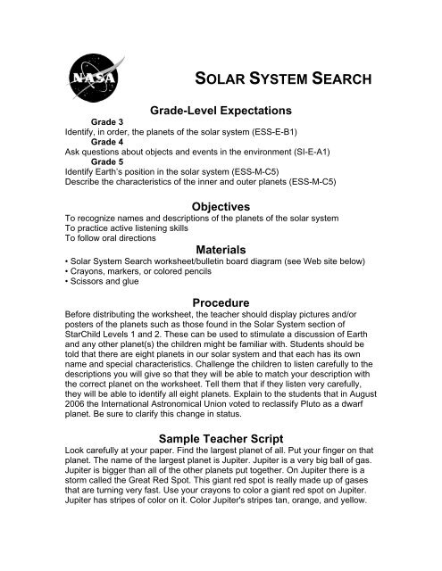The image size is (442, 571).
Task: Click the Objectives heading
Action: (x=219, y=205)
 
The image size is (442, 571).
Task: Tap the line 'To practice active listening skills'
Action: (x=132, y=227)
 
